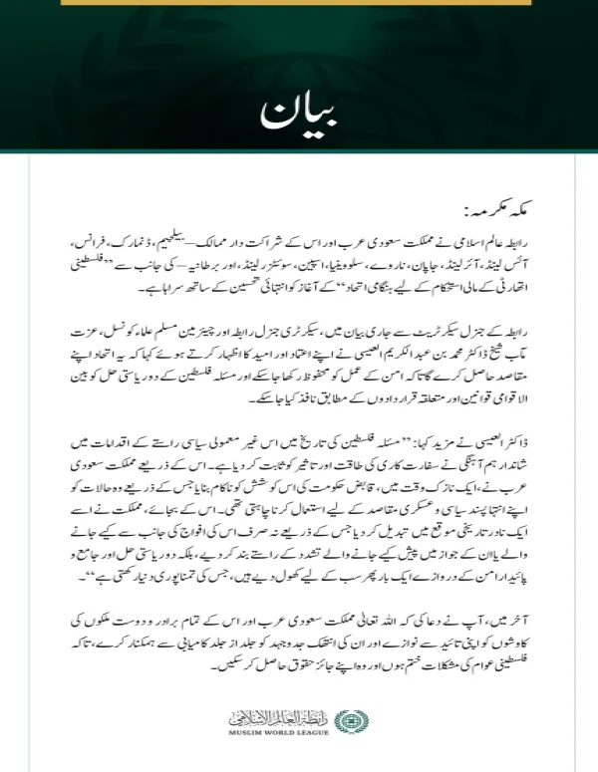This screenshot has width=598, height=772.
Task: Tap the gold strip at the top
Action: [298, 3]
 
